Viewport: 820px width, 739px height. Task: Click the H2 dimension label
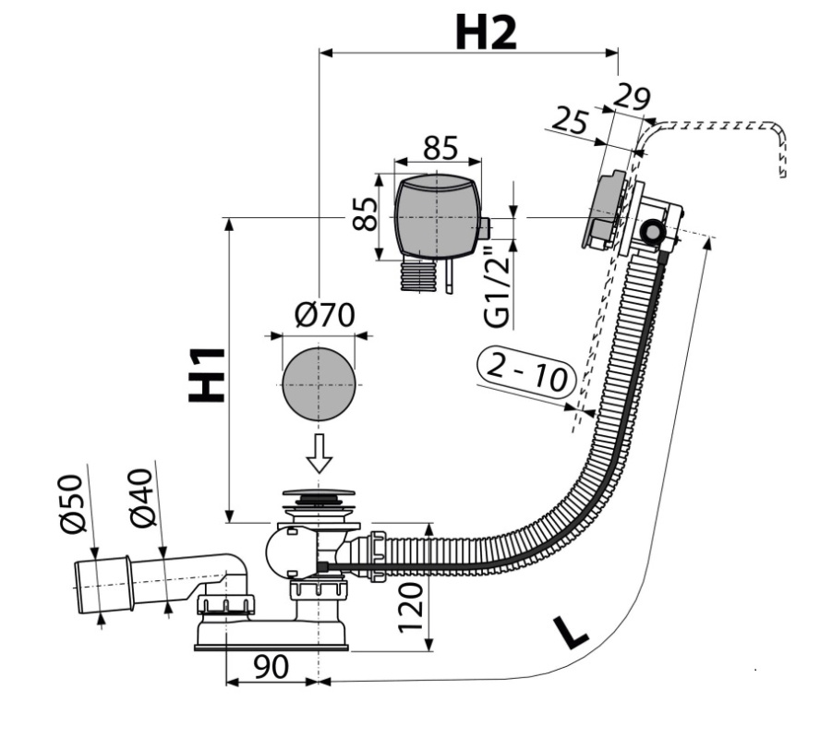pyautogui.click(x=486, y=32)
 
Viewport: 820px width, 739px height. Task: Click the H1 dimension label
pyautogui.click(x=207, y=375)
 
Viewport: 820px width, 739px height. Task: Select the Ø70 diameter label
pyautogui.click(x=324, y=315)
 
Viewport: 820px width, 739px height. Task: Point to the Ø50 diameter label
pyautogui.click(x=72, y=504)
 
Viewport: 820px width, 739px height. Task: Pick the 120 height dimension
pyautogui.click(x=411, y=607)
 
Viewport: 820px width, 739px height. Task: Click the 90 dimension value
pyautogui.click(x=271, y=666)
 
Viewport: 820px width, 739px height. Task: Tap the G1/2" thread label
pyautogui.click(x=496, y=286)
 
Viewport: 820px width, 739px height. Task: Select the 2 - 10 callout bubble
pyautogui.click(x=526, y=374)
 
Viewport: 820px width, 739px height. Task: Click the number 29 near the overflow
pyautogui.click(x=632, y=98)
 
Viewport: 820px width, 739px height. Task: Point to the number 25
pyautogui.click(x=570, y=120)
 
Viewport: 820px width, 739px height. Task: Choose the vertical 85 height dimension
pyautogui.click(x=365, y=213)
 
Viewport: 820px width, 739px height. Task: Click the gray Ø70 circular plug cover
pyautogui.click(x=319, y=384)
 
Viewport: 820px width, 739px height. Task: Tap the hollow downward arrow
pyautogui.click(x=319, y=454)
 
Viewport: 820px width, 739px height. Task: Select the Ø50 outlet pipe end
pyautogui.click(x=103, y=586)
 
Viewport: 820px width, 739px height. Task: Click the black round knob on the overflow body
pyautogui.click(x=651, y=231)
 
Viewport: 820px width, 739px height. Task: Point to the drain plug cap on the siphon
pyautogui.click(x=319, y=493)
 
